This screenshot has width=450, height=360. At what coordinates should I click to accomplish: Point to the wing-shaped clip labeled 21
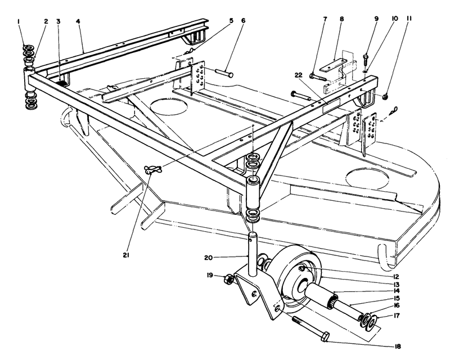click(152, 169)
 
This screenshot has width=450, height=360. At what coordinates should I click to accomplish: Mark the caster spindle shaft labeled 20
click(253, 247)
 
